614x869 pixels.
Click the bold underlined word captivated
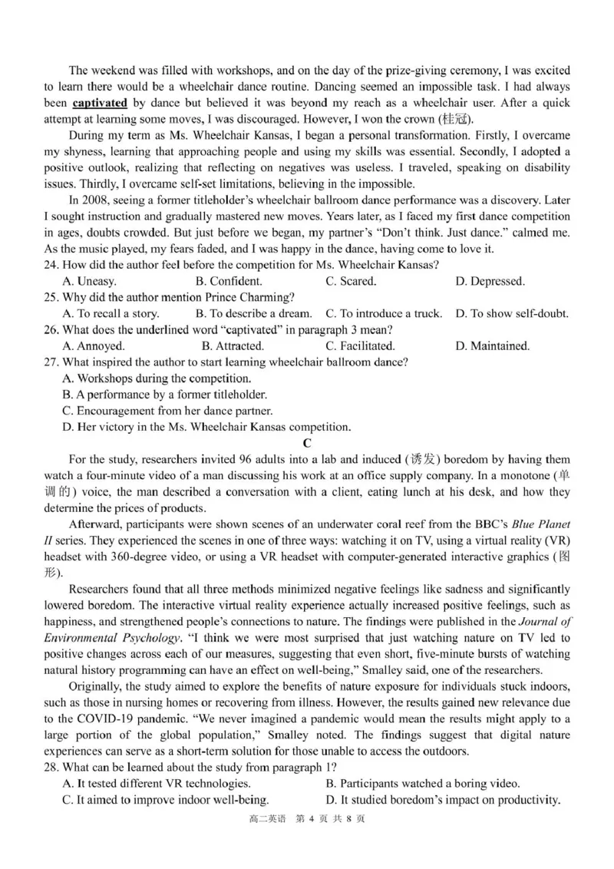(x=100, y=102)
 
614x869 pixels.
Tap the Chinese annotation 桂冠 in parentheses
(x=454, y=119)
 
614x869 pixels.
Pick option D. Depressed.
(x=490, y=281)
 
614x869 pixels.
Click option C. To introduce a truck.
(x=384, y=313)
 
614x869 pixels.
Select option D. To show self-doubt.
(x=511, y=313)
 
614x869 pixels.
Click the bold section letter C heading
(x=307, y=443)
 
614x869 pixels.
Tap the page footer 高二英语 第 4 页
(x=307, y=819)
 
